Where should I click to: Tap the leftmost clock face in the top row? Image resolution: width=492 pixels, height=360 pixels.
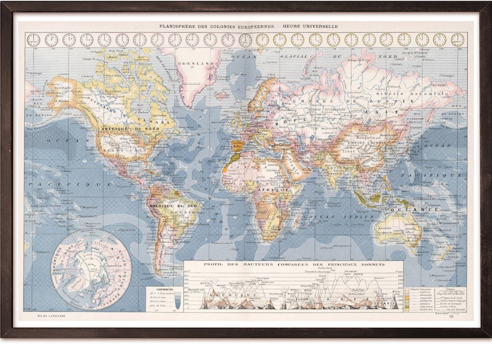click(x=33, y=40)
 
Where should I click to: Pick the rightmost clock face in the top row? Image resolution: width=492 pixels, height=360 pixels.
click(x=457, y=40)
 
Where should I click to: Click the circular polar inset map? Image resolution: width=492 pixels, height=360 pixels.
click(x=90, y=270)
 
